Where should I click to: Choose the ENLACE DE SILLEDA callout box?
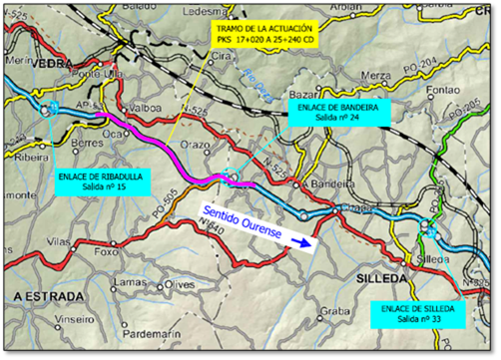(417, 315)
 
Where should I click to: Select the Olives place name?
(179, 285)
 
